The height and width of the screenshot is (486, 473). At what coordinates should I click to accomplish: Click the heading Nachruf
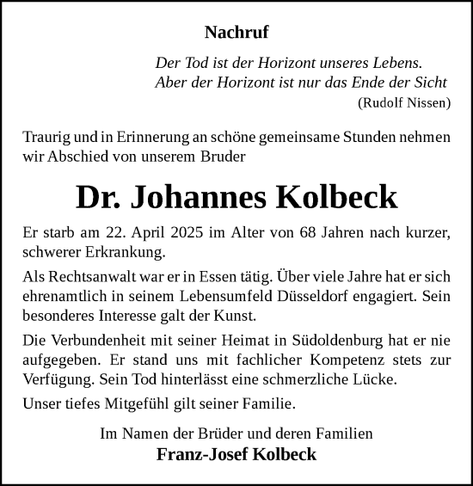pyautogui.click(x=236, y=33)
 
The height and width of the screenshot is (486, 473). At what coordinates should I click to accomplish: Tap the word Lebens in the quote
pyautogui.click(x=397, y=63)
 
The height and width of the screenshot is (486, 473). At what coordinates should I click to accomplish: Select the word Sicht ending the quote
pyautogui.click(x=430, y=83)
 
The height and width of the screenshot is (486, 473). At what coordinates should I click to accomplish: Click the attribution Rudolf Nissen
pyautogui.click(x=403, y=102)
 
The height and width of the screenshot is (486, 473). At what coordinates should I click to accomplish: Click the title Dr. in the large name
pyautogui.click(x=98, y=198)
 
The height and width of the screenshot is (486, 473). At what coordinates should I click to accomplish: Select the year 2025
pyautogui.click(x=181, y=233)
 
